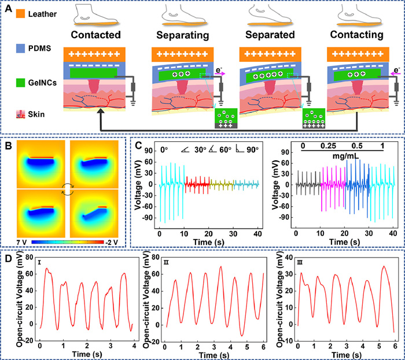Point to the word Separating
[x=181, y=35]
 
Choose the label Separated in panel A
[x=268, y=35]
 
